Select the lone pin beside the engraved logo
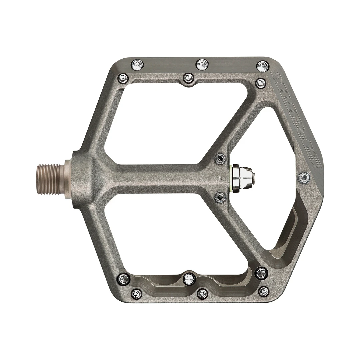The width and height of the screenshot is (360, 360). click(304, 178)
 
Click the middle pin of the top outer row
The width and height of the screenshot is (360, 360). click(202, 64)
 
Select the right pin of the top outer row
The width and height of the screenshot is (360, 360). click(263, 66)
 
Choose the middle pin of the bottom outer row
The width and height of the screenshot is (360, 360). click(202, 294)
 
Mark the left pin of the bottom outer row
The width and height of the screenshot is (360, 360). click(137, 293)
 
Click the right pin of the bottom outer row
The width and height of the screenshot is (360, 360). click(264, 292)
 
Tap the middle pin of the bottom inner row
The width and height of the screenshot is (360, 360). click(189, 278)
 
